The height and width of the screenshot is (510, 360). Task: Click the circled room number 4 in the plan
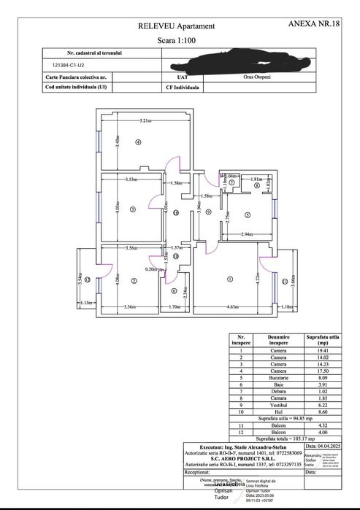(137, 142)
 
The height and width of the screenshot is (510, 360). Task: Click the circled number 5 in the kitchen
(248, 215)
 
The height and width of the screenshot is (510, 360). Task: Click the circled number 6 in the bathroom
(174, 291)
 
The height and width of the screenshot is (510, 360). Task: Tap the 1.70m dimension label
(175, 306)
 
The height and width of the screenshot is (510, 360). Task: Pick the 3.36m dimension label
(132, 306)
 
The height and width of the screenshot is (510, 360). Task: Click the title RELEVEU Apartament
(169, 26)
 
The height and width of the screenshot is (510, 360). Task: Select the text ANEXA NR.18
(315, 24)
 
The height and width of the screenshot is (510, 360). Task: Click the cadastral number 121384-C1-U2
(64, 64)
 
